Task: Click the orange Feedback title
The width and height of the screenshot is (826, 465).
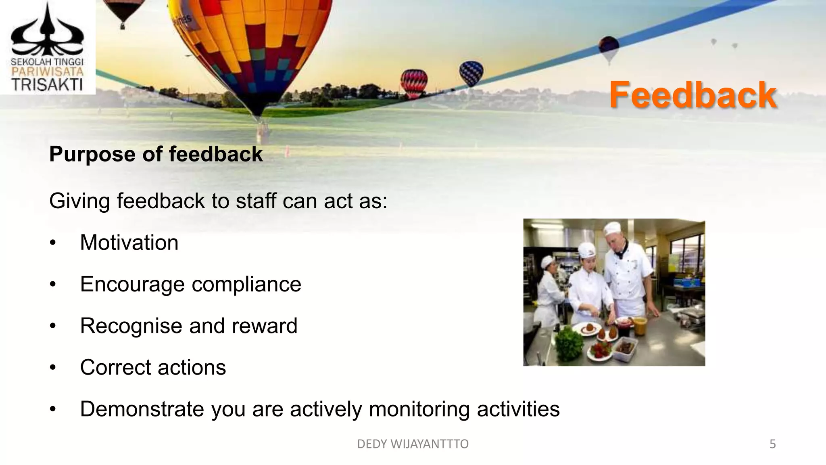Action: [693, 95]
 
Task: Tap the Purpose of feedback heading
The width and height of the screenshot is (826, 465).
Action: [156, 154]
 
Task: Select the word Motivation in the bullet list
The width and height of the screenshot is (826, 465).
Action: [129, 243]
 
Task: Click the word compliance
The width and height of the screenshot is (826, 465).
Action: [246, 284]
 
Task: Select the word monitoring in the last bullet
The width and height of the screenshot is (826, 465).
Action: [419, 409]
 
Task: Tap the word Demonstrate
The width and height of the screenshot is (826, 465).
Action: [142, 409]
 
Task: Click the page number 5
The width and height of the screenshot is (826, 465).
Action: [772, 444]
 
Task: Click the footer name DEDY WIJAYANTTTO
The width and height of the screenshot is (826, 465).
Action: [413, 444]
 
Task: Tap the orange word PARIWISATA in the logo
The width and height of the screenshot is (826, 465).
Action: [47, 72]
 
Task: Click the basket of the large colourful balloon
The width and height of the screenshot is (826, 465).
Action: [262, 133]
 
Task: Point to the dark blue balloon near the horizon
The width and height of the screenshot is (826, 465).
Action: [471, 73]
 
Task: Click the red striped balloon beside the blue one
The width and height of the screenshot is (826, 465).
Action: [414, 83]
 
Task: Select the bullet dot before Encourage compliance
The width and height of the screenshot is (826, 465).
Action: [52, 285]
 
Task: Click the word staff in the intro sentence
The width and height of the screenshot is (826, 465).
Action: [257, 201]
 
